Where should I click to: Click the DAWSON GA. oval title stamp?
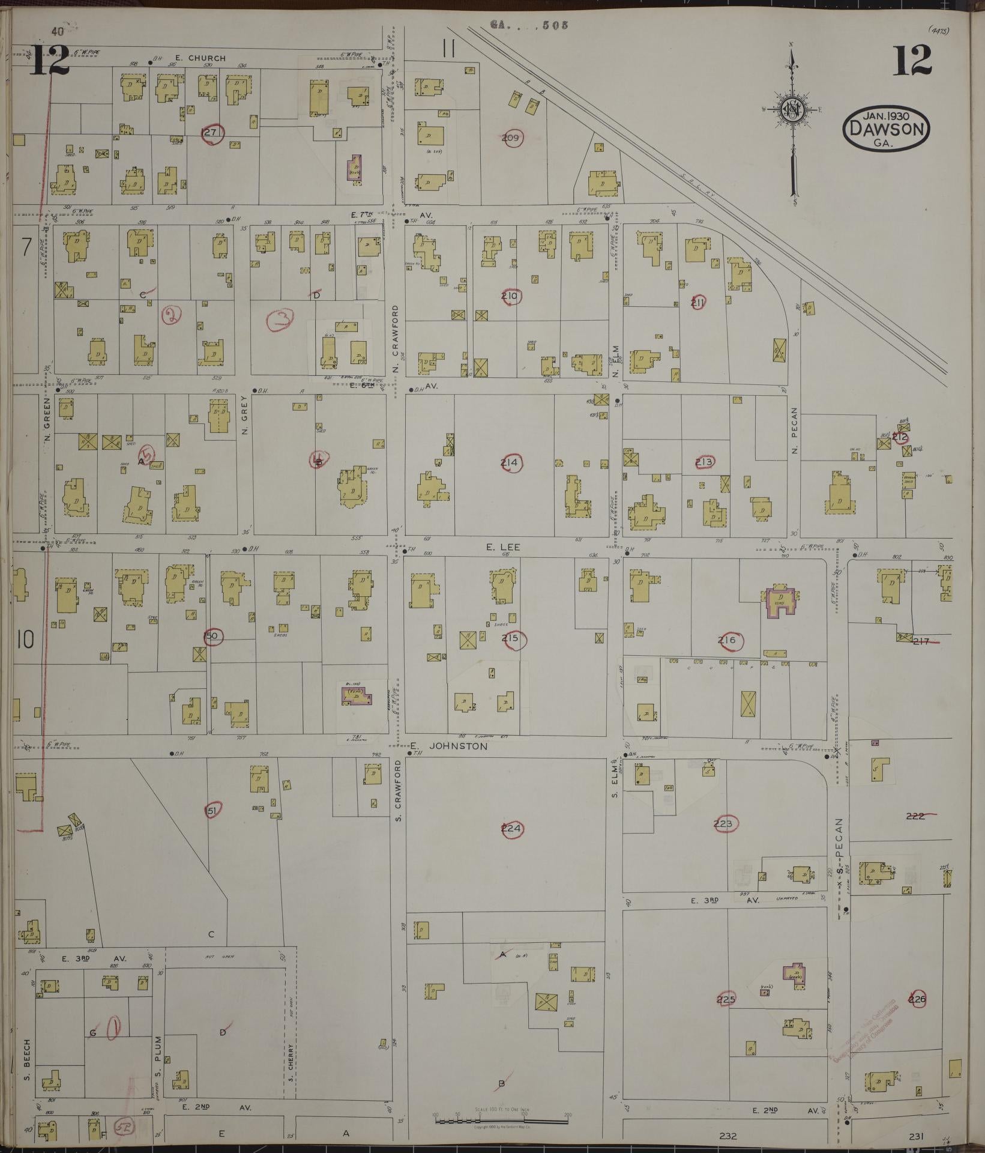887,128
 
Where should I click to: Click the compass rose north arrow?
793,111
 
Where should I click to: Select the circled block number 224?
512,829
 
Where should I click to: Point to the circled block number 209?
511,138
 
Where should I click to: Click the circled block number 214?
511,462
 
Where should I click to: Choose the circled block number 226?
918,1000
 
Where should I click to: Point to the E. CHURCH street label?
198,58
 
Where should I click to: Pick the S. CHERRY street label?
290,1060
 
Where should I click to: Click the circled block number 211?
697,303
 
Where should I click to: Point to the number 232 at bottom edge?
727,1136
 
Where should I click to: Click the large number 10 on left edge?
25,641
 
